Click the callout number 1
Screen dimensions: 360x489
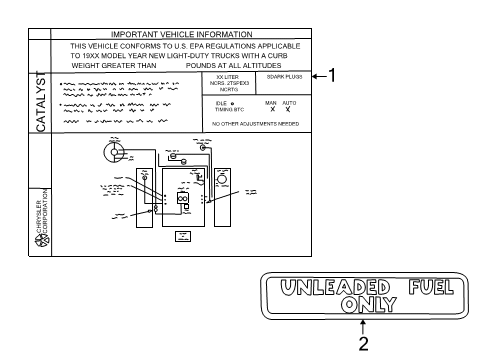[x=333, y=75]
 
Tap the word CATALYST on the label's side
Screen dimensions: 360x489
[x=41, y=100]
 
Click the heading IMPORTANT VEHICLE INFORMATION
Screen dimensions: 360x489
[x=179, y=34]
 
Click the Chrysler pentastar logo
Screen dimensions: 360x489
[x=40, y=244]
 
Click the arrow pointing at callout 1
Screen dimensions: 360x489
[x=318, y=75]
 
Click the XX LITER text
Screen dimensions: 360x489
[x=227, y=76]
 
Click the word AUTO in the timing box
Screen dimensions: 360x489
[x=288, y=102]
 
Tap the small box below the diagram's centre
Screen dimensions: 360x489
[x=183, y=237]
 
